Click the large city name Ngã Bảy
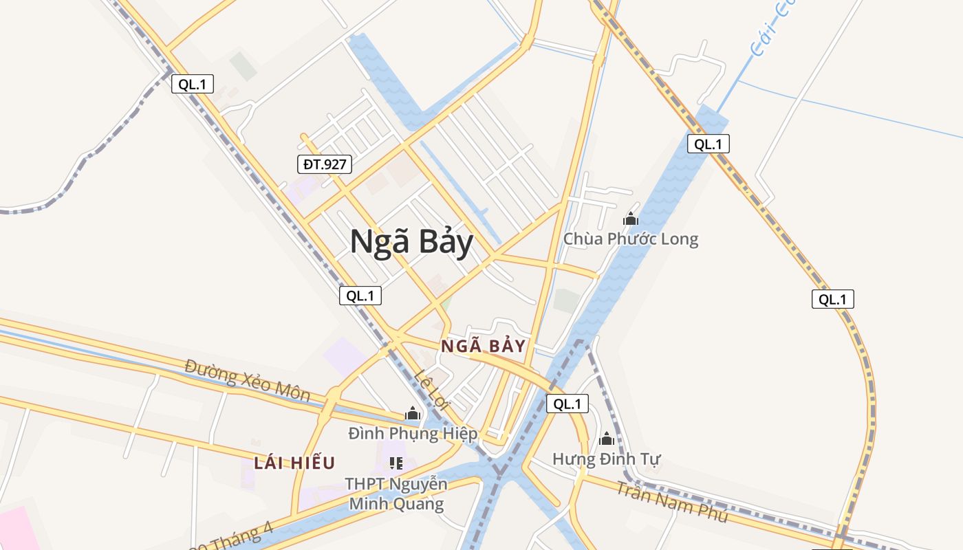[x=411, y=243]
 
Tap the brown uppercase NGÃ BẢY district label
[x=483, y=346]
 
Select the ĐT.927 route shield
[x=325, y=164]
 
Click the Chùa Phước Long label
[x=630, y=239]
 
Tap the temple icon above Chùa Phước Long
[x=630, y=219]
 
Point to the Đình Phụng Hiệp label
[x=412, y=434]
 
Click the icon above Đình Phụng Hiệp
[x=413, y=413]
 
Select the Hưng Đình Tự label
[x=606, y=459]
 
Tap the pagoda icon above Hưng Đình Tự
[x=607, y=438]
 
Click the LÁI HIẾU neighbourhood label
[x=294, y=463]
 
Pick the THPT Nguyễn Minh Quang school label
[x=396, y=494]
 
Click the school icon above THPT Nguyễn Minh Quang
[x=396, y=463]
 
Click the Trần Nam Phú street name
[x=671, y=502]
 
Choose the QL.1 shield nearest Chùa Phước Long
[x=708, y=144]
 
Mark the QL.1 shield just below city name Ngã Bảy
[x=360, y=296]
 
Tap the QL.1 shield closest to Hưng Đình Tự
[x=567, y=404]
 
